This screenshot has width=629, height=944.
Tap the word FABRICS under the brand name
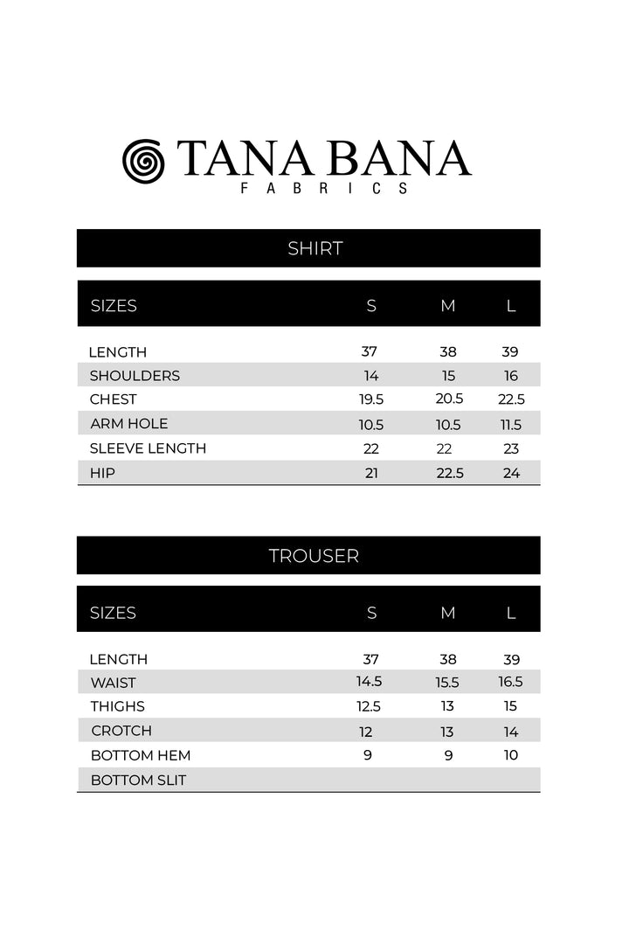coord(325,188)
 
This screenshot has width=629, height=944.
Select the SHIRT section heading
coord(314,248)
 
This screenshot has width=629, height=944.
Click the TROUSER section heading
coord(314,556)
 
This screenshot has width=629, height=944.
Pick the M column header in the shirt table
coord(448,306)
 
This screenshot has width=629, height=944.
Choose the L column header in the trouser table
coord(511,613)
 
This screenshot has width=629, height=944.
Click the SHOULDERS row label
coord(135,376)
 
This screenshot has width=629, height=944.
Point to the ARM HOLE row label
coord(128,424)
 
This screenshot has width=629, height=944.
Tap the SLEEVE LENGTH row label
coord(148,448)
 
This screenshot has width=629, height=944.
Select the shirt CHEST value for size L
coord(511,399)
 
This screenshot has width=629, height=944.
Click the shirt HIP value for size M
coord(449,473)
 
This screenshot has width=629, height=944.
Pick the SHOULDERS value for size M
coord(448,376)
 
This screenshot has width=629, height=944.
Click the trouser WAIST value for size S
coord(370,682)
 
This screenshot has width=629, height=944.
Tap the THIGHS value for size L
coord(511,706)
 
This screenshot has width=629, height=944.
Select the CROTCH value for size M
coord(447,732)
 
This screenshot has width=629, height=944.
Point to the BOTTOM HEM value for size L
coord(511,755)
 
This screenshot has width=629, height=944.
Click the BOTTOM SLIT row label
coord(138,780)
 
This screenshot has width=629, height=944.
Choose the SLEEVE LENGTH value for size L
coord(511,448)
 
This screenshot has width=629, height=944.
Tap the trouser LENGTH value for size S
coord(370,659)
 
